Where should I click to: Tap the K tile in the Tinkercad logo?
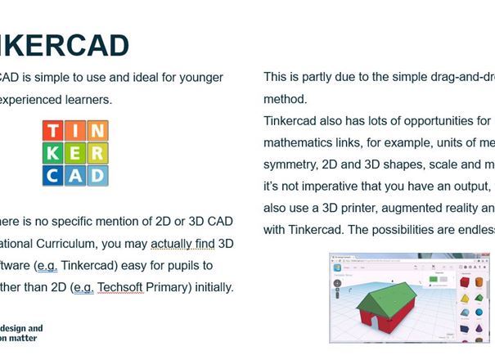point(53,153)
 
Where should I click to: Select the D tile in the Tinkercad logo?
point(97,174)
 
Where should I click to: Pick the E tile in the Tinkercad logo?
point(75,153)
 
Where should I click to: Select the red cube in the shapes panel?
point(466,283)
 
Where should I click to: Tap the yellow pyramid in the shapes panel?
point(466,299)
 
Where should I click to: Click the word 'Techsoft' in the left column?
point(121,287)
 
